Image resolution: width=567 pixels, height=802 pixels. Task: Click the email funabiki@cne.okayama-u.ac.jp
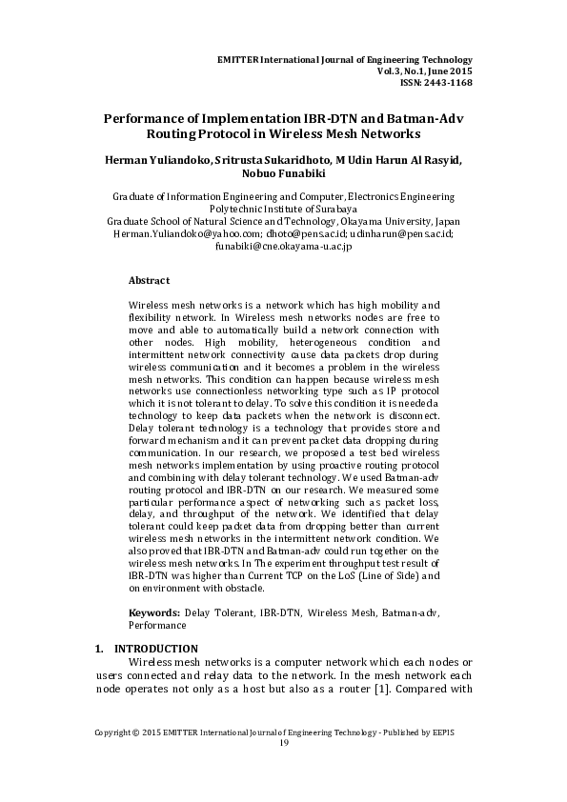(x=283, y=246)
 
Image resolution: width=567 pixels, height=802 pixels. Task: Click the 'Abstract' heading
(x=149, y=281)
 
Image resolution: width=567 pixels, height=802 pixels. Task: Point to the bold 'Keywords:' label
(x=154, y=613)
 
